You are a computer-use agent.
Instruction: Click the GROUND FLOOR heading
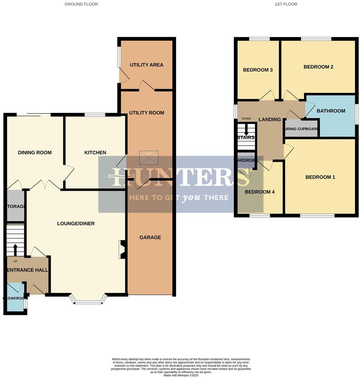coord(81,4)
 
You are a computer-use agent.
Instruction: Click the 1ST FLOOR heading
coord(286,4)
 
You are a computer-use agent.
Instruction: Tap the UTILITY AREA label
coord(146,65)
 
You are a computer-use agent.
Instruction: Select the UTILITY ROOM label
coord(146,113)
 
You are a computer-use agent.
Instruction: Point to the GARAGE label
coord(150,237)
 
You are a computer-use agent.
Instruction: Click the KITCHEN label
coord(95,153)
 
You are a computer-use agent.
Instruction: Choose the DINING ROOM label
coord(35,153)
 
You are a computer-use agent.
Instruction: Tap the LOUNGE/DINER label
coord(76,224)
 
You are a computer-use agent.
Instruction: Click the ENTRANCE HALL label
coord(27,270)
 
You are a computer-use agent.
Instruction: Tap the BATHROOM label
coord(331,111)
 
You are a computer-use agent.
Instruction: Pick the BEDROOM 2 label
coord(318,67)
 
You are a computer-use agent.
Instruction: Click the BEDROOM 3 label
coord(258,70)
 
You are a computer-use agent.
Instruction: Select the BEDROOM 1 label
coord(320,177)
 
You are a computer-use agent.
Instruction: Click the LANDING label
coord(269,120)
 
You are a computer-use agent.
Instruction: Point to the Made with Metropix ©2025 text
coord(181,375)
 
